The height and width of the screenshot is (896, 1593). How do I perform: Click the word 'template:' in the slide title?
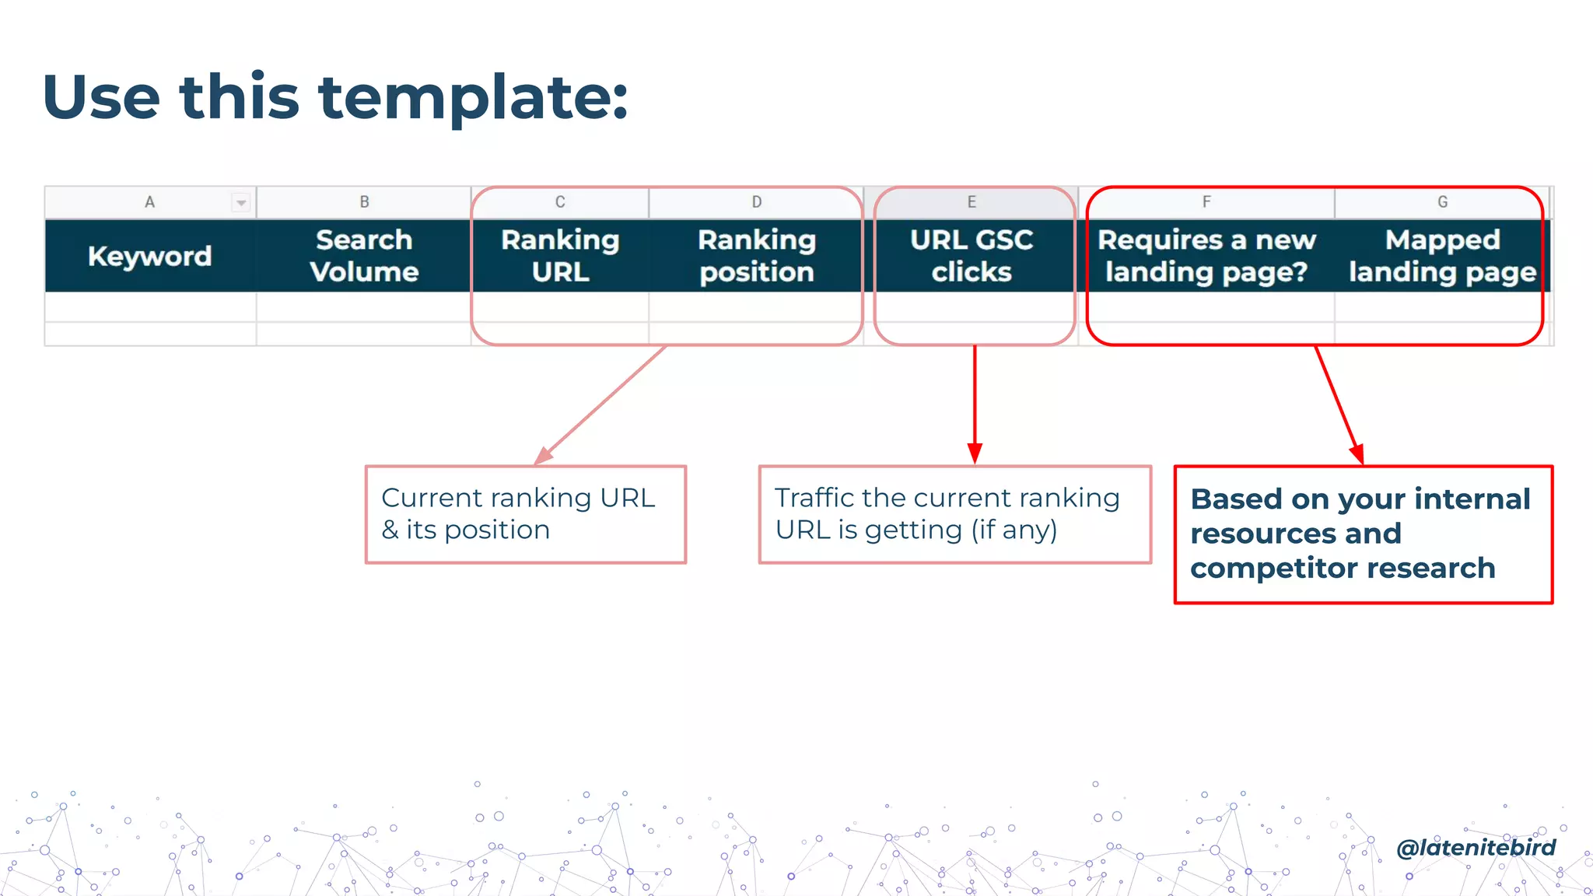(473, 98)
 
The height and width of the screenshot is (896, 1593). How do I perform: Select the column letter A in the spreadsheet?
(149, 202)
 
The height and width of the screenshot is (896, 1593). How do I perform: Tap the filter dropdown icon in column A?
(241, 203)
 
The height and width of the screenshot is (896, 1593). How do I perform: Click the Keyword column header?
(149, 256)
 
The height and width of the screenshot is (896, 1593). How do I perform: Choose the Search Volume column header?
(364, 256)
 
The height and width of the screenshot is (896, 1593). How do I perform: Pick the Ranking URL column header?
(560, 256)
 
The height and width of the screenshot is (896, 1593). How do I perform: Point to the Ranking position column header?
(757, 256)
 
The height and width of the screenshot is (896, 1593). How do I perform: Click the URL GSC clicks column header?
(972, 256)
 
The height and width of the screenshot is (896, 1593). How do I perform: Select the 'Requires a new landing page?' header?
(1206, 256)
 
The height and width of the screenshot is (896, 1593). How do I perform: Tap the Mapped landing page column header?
(1443, 256)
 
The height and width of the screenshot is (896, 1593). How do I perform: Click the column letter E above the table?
(972, 202)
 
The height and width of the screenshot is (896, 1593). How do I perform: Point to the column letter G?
(1443, 202)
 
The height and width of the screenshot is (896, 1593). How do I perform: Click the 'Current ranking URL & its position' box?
(526, 514)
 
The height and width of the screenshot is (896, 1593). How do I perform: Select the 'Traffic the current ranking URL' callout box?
(954, 514)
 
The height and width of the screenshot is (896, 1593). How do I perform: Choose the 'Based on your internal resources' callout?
(1363, 534)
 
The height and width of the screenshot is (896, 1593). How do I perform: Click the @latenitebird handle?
(1476, 847)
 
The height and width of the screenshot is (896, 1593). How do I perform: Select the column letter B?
(364, 202)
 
